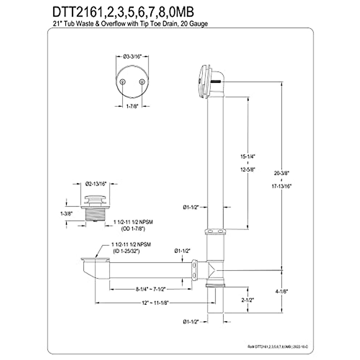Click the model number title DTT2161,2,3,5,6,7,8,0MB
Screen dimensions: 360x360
point(123,13)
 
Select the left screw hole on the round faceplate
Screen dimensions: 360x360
point(122,82)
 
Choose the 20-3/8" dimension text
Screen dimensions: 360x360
point(281,173)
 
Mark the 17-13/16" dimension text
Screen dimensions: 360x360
point(281,186)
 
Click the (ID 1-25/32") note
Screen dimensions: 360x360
point(126,251)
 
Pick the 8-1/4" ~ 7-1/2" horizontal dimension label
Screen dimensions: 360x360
point(151,289)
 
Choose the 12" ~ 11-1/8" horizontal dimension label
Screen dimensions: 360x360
point(155,303)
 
